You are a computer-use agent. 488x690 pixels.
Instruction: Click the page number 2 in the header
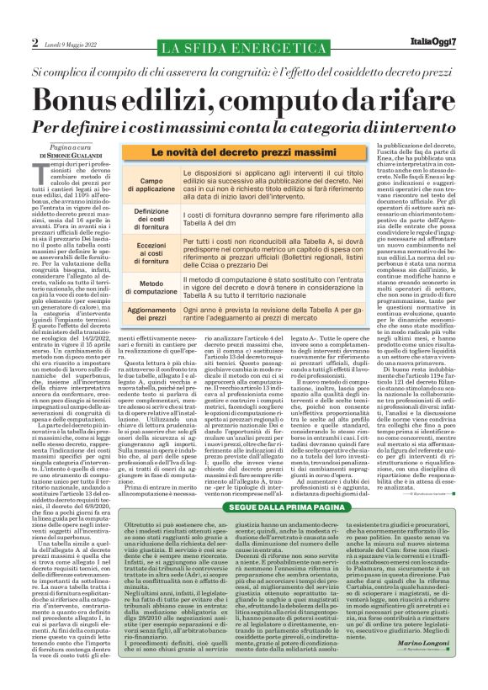[35, 42]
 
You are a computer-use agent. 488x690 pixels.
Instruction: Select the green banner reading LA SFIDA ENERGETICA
[244, 43]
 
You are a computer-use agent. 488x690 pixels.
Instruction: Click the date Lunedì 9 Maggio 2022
[71, 43]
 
